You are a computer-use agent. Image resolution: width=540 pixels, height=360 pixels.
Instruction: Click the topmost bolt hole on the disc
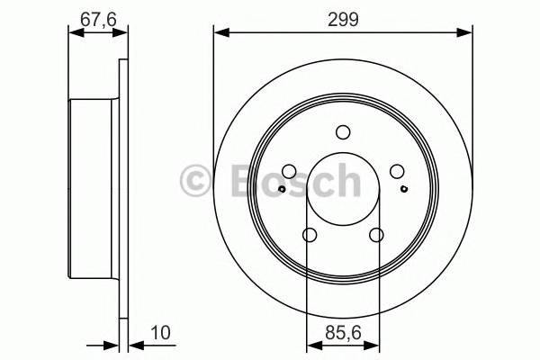click(343, 133)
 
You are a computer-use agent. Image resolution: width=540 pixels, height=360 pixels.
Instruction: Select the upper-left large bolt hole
click(289, 172)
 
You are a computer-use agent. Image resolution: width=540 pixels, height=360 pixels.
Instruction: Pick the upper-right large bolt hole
click(396, 172)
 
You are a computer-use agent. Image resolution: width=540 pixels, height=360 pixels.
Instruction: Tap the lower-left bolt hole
click(310, 235)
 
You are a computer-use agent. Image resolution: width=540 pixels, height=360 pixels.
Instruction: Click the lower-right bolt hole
click(376, 235)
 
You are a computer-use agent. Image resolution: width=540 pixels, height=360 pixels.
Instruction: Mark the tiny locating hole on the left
click(282, 189)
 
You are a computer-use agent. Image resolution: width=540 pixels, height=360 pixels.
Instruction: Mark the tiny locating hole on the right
click(403, 189)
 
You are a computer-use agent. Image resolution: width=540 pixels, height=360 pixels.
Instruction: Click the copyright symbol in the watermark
click(195, 180)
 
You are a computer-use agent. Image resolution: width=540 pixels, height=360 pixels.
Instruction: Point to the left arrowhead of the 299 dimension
click(220, 33)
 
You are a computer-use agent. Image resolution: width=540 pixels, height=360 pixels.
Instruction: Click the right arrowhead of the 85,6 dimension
click(373, 343)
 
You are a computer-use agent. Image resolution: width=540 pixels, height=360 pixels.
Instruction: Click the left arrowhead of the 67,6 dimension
click(75, 33)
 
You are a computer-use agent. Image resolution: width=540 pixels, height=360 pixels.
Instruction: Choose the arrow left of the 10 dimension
click(112, 343)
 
